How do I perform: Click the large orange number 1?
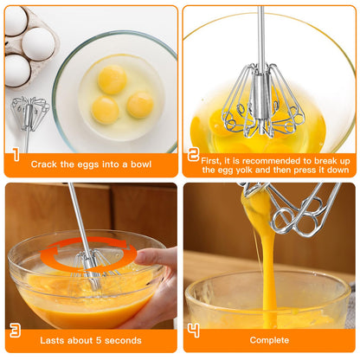[16, 157]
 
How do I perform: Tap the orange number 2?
[194, 156]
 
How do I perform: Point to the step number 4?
[194, 331]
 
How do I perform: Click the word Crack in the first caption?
[45, 163]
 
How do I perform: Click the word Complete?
[269, 340]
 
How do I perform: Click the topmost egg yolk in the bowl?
[112, 79]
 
